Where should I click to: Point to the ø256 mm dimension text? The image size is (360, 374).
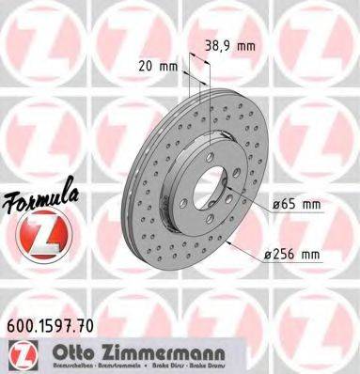pyautogui.click(x=292, y=252)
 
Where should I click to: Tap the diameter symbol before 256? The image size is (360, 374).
pyautogui.click(x=268, y=252)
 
